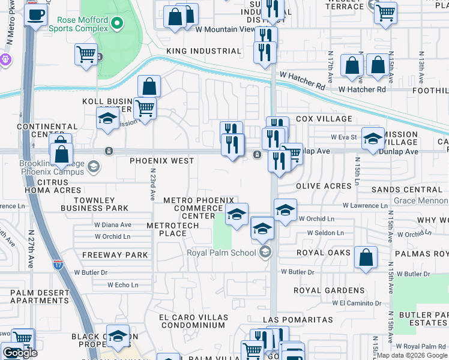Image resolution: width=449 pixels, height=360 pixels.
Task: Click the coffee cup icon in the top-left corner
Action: [35, 14]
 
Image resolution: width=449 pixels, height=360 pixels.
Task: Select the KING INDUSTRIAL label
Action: [203, 52]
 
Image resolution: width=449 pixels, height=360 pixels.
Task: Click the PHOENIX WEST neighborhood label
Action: [162, 161]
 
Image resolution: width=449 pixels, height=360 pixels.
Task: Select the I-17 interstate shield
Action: [58, 263]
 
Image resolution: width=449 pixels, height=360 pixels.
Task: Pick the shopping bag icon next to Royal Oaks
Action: [366, 257]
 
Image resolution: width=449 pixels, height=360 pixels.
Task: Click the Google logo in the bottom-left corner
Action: [20, 353]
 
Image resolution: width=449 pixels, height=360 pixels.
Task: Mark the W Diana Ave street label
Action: [112, 225]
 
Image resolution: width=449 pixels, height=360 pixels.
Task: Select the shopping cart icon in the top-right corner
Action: [385, 11]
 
